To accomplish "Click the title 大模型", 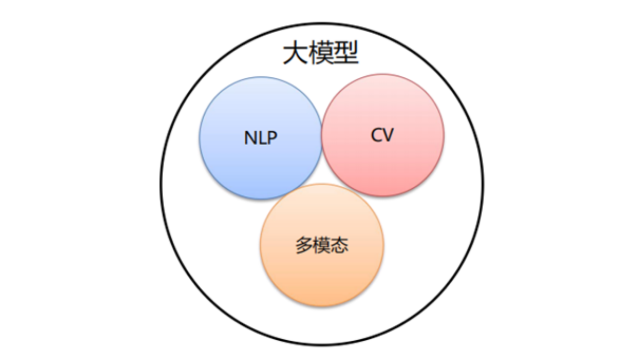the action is [321, 54].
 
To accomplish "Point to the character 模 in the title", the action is [321, 54].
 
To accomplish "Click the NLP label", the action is [261, 138].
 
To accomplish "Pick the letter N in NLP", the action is [251, 138].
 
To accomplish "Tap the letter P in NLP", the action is [272, 138].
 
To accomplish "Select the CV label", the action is [382, 135].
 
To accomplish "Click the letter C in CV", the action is [377, 135].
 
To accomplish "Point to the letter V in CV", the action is [388, 135].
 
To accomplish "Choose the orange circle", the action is [322, 277].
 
